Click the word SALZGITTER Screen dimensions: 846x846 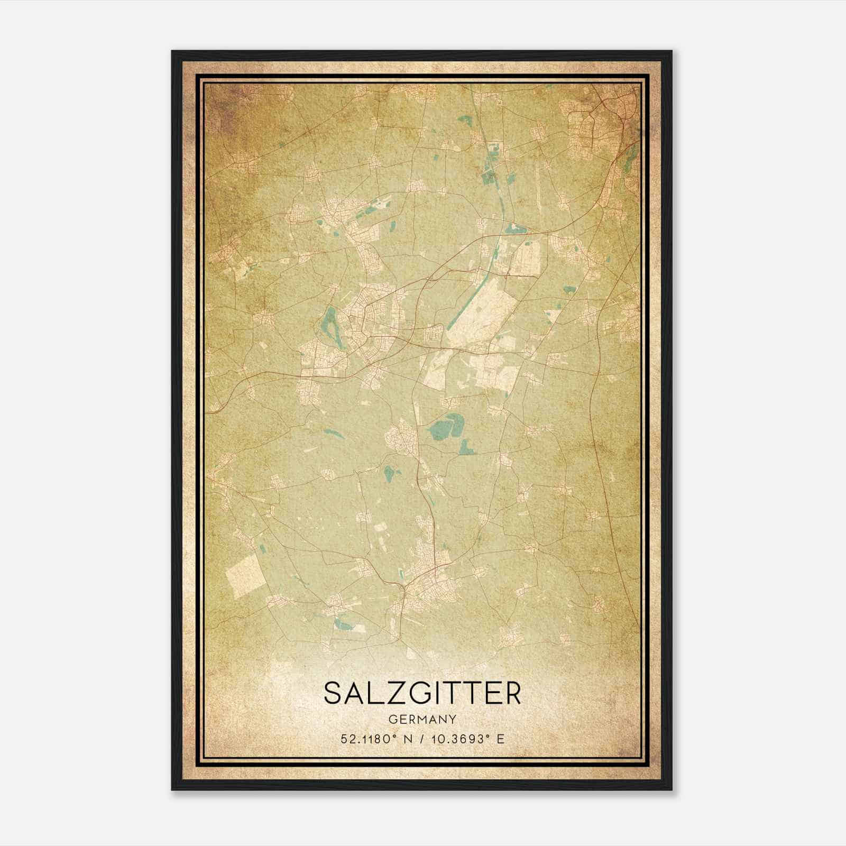pos(422,693)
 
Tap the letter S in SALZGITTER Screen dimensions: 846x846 pos(333,693)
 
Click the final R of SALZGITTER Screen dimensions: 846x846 pos(512,693)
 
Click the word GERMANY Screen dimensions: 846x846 pos(422,719)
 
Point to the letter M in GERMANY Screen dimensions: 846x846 pos(421,719)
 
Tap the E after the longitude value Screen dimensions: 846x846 pos(500,739)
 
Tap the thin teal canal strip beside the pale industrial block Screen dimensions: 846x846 pos(494,259)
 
